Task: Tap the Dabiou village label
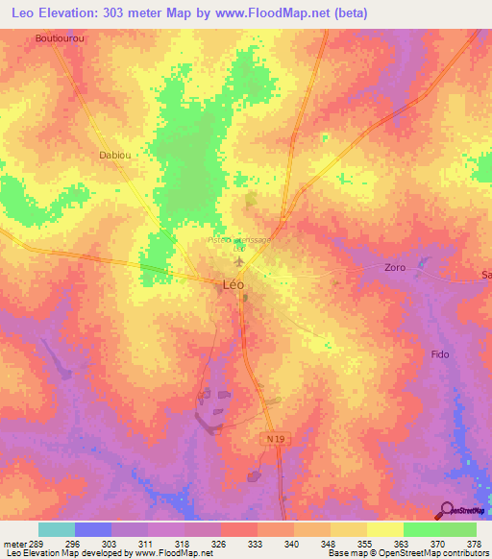point(114,154)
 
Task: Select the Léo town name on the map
point(233,284)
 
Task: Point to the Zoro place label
point(394,267)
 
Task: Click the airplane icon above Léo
point(239,261)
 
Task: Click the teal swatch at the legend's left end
point(57,529)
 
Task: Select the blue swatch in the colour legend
point(93,529)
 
